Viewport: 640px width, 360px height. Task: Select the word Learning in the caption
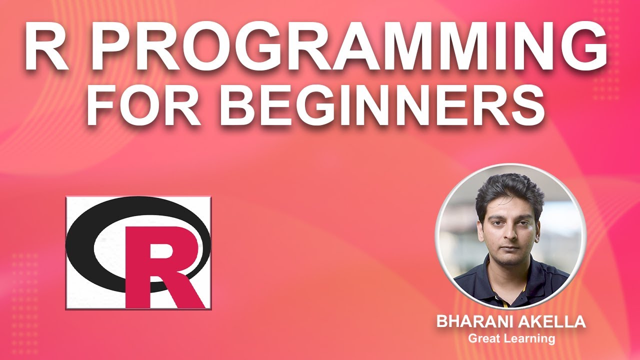[x=529, y=339]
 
